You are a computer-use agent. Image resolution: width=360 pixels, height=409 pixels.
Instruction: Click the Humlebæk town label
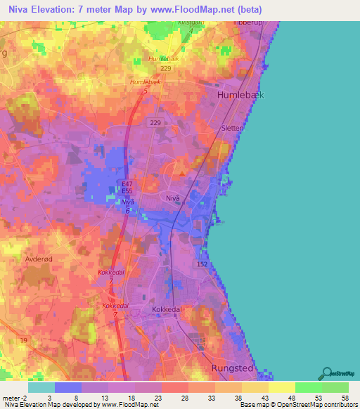[x=240, y=95]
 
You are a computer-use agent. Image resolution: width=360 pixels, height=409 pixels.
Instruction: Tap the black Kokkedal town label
[x=167, y=309]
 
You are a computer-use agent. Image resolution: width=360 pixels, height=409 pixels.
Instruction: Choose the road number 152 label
[x=202, y=264]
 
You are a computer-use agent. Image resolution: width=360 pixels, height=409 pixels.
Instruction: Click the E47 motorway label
[x=127, y=183]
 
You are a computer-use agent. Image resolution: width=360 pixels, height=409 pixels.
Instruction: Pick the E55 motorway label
[x=127, y=190]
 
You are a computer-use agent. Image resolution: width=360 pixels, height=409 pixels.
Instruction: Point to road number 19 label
[x=24, y=340]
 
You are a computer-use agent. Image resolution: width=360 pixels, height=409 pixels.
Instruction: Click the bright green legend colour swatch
[x=308, y=387]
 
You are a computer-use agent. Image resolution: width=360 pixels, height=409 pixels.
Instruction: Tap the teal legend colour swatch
[x=41, y=387]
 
